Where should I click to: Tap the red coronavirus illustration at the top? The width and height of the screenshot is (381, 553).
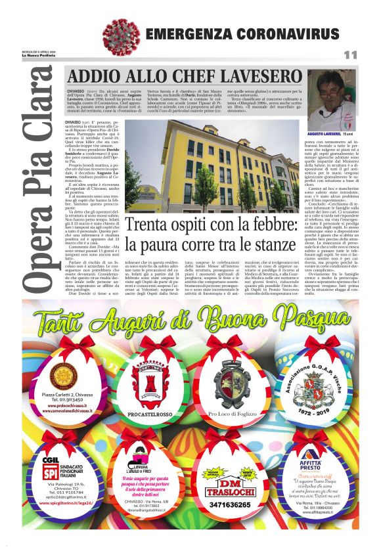click(116, 33)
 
